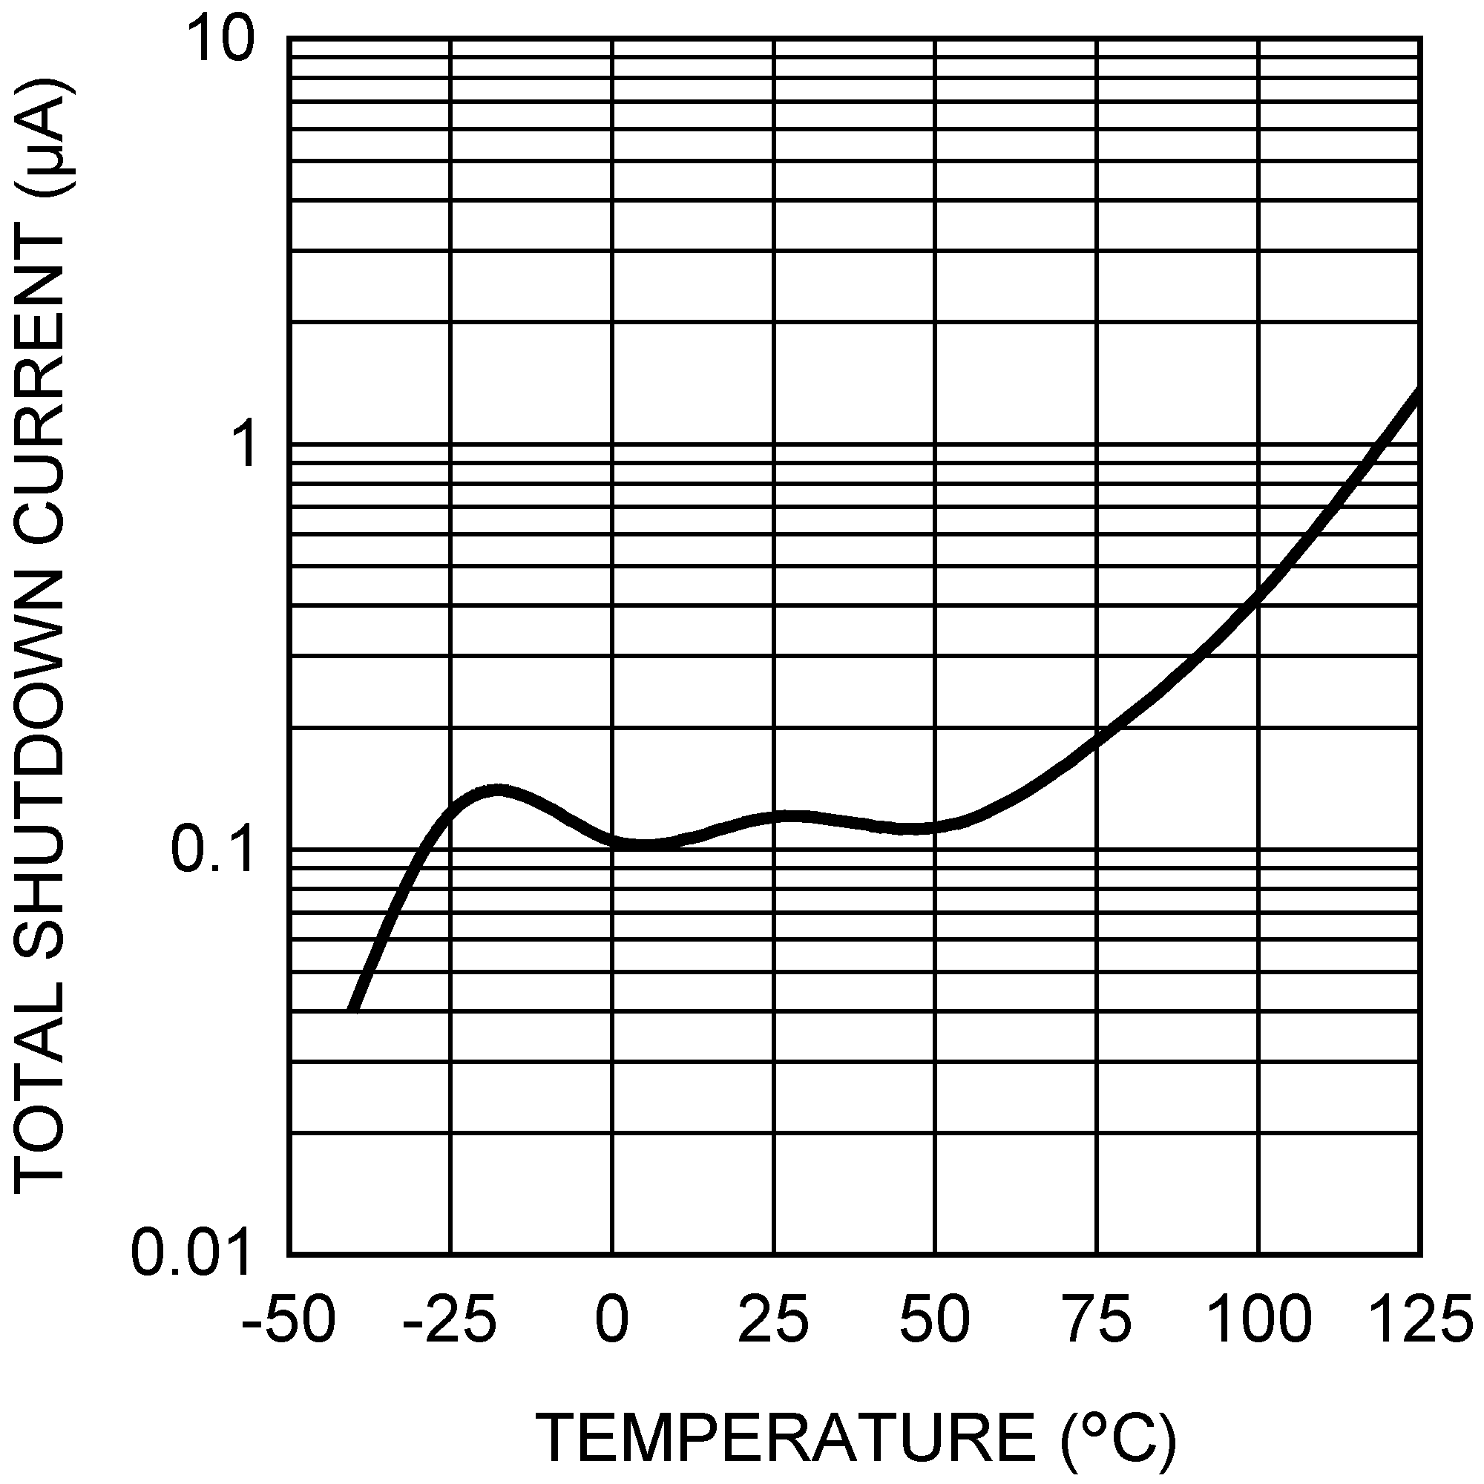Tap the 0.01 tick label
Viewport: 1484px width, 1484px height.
click(192, 1253)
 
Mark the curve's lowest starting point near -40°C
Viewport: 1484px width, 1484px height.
click(353, 1008)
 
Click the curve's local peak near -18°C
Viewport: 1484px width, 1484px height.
click(499, 789)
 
